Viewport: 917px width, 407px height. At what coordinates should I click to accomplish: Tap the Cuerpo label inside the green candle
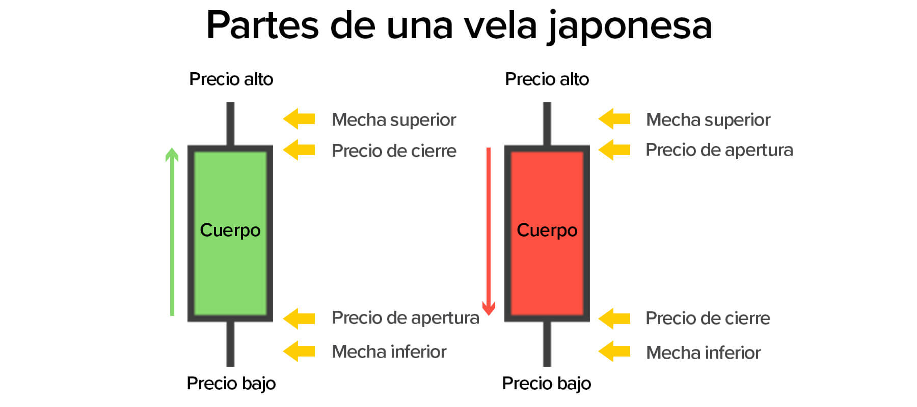point(230,230)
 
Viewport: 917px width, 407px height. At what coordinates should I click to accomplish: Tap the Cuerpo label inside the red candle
point(547,230)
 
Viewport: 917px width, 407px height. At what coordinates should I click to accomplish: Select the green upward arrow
point(172,231)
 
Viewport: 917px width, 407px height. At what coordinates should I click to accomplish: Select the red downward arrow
point(489,231)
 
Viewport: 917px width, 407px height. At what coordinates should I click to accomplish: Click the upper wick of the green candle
point(230,124)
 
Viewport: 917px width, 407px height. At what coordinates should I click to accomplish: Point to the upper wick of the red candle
point(547,124)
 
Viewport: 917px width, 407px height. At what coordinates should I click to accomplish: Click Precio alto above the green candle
point(231,79)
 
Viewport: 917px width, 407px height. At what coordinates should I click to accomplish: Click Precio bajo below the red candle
point(546,383)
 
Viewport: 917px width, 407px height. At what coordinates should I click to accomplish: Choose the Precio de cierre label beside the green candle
point(394,151)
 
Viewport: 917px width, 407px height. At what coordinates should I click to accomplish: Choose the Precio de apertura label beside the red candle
point(719,150)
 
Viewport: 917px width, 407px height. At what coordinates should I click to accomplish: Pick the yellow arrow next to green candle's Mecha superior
point(299,119)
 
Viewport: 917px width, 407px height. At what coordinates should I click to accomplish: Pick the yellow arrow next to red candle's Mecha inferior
point(614,352)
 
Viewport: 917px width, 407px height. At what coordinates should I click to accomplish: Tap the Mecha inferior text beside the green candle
point(389,352)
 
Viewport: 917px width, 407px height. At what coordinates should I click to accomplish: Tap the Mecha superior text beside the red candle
point(708,120)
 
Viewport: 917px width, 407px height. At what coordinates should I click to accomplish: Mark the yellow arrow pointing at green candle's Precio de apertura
point(299,318)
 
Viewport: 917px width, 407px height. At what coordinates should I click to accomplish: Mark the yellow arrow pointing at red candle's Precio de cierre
point(614,318)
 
